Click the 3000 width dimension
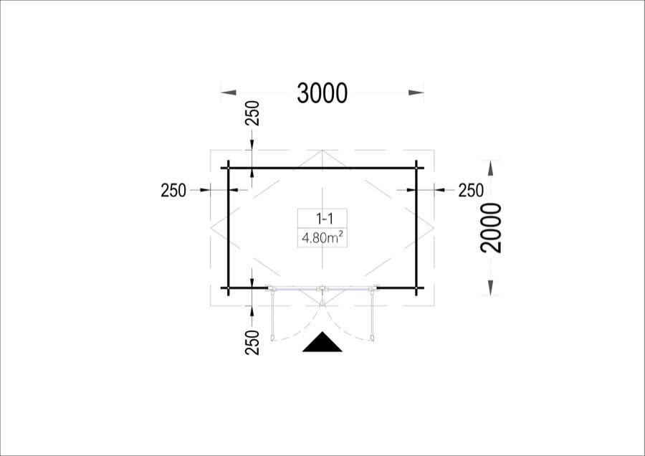coord(322,93)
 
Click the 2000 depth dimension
coord(491,227)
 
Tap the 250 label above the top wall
coord(252,113)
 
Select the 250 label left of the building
coord(173,191)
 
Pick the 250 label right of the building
coord(471,191)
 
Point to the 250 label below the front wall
coord(252,343)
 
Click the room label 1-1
coord(325,219)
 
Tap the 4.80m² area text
coord(323,237)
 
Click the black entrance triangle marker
coord(322,343)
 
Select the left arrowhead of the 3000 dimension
coord(229,93)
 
